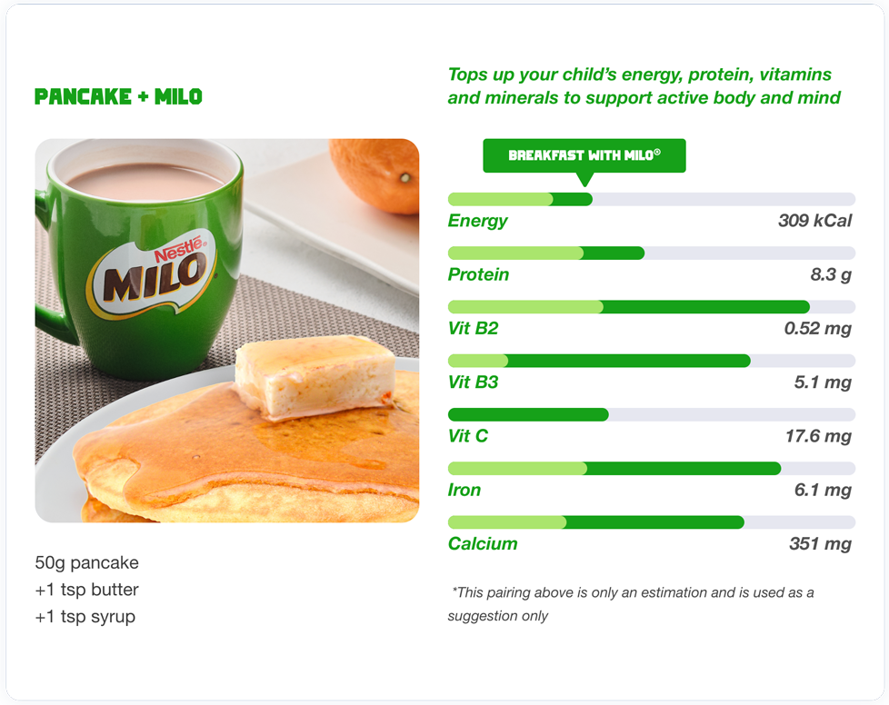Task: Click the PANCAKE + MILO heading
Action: (x=118, y=97)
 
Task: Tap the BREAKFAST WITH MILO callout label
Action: (x=584, y=155)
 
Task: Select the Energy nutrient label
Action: (x=477, y=221)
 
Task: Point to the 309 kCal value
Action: (x=814, y=221)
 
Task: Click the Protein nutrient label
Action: (x=478, y=274)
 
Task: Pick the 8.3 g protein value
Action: (x=831, y=275)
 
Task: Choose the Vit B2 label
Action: (x=473, y=328)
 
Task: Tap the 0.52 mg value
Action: (x=817, y=329)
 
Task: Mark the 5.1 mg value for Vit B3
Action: (x=823, y=382)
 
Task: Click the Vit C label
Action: (x=468, y=436)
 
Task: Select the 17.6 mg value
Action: (x=818, y=436)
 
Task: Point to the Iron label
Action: (x=464, y=490)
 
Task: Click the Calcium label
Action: (x=483, y=543)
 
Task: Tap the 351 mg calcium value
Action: (x=820, y=544)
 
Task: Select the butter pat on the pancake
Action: (x=315, y=377)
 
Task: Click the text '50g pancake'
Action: (x=86, y=562)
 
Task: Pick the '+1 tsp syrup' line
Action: (x=85, y=617)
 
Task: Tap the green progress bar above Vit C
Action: (x=528, y=415)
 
